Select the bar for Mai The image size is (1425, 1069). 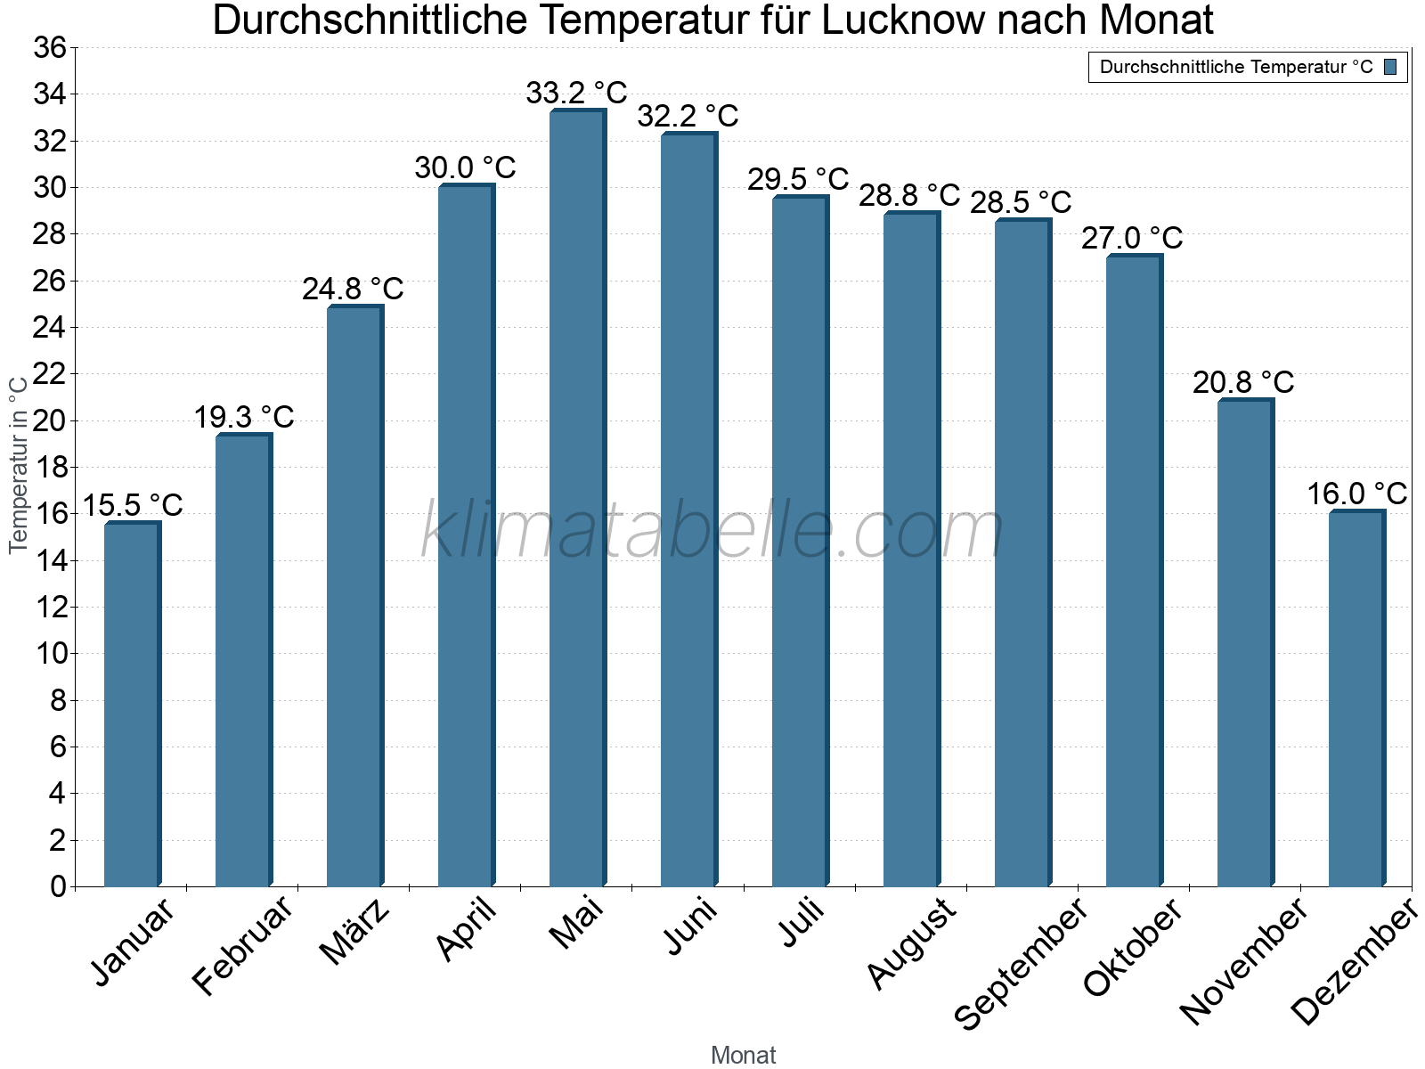(577, 499)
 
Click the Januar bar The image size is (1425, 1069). (132, 704)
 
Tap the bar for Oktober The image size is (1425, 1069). (1134, 570)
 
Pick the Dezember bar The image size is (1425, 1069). (1356, 698)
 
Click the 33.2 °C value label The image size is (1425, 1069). (576, 93)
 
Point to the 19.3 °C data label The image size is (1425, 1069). (244, 417)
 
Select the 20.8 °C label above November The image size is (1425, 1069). (1243, 382)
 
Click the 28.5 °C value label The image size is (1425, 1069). (1021, 202)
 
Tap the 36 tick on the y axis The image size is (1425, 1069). (50, 48)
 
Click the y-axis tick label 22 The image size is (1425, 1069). (50, 374)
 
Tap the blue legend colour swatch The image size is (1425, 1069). (1390, 67)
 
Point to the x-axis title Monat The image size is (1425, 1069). (744, 1055)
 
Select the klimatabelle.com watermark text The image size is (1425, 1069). (712, 531)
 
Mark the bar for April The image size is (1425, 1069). (466, 534)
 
